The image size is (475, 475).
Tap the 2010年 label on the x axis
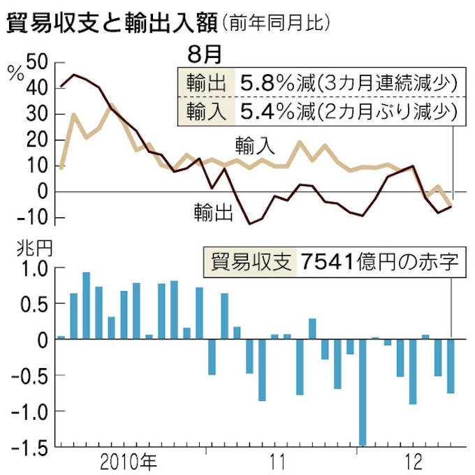pyautogui.click(x=129, y=461)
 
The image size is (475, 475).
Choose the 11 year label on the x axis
pyautogui.click(x=277, y=461)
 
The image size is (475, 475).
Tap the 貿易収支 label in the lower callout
pyautogui.click(x=248, y=262)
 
